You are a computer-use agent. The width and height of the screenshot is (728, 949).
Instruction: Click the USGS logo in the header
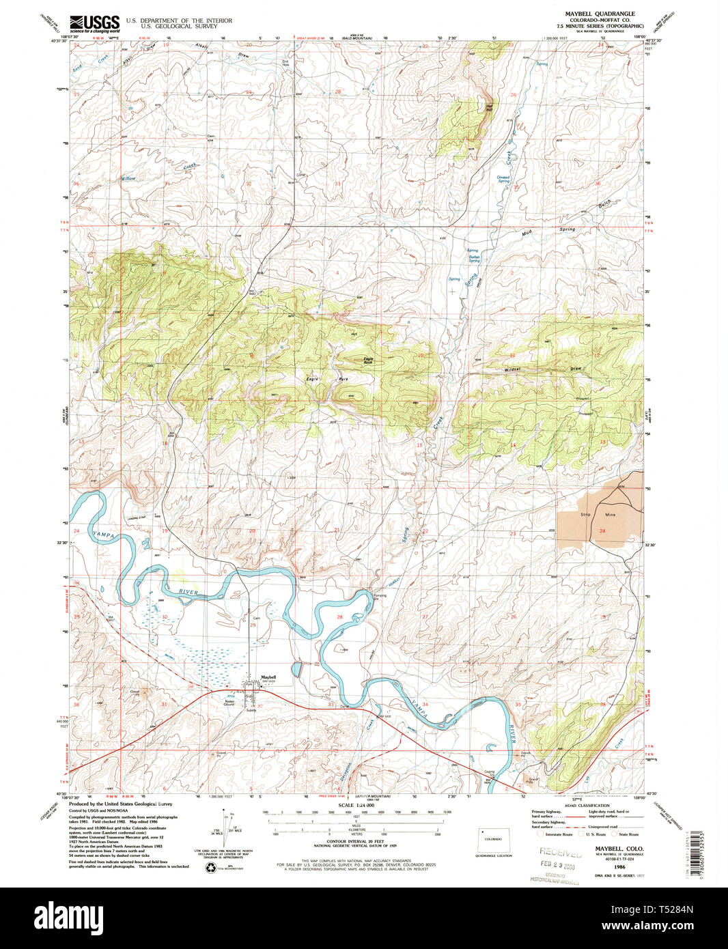pyautogui.click(x=94, y=23)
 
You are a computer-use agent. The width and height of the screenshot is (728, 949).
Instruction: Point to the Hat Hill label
pyautogui.click(x=488, y=107)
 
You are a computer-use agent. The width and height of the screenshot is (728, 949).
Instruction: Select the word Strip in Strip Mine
pyautogui.click(x=585, y=514)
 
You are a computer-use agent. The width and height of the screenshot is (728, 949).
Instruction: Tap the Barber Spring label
pyautogui.click(x=473, y=259)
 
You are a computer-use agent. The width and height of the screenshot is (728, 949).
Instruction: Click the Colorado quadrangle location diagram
pyautogui.click(x=492, y=839)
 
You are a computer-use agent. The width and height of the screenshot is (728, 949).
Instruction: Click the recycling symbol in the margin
pyautogui.click(x=210, y=866)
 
